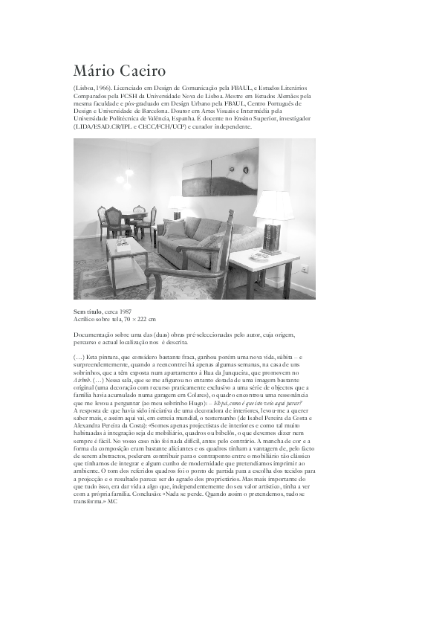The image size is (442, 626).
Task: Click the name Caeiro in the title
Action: (x=138, y=71)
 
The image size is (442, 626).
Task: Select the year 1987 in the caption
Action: (x=126, y=312)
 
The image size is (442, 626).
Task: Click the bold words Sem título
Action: (x=88, y=312)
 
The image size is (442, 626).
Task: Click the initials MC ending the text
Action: (x=112, y=501)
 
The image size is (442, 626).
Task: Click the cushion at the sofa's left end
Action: (x=175, y=227)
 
